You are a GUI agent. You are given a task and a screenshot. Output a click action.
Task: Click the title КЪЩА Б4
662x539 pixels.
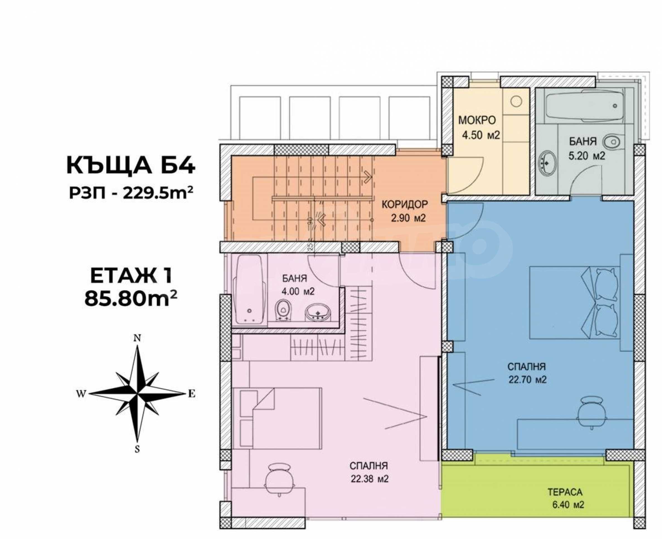point(131,165)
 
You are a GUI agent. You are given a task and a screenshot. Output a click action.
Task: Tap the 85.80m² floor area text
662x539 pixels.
point(131,299)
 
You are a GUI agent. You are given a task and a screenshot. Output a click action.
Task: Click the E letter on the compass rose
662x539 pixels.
point(192,394)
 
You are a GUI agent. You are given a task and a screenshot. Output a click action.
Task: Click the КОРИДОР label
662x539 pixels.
point(404,204)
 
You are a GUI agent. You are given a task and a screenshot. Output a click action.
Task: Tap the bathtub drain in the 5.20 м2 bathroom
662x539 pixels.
point(615,106)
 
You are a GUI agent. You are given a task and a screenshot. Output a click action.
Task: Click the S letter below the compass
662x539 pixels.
point(137,449)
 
